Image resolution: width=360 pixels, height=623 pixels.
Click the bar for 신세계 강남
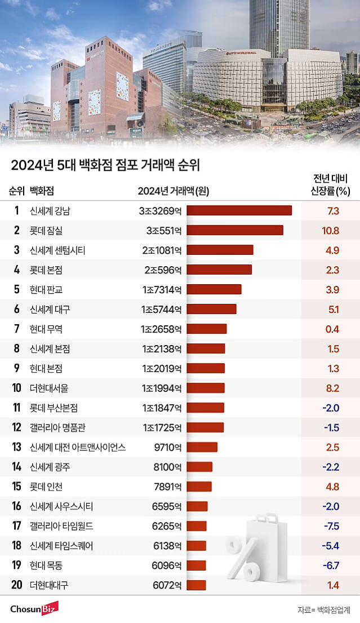click(239, 210)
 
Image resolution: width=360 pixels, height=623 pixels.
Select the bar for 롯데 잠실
click(234, 230)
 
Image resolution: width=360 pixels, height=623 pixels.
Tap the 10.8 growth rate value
click(332, 231)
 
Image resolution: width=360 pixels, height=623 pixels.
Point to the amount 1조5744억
click(162, 309)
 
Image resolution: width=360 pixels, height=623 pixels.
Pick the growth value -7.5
click(331, 526)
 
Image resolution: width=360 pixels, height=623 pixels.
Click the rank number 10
click(16, 388)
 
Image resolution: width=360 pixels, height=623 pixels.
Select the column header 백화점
click(45, 191)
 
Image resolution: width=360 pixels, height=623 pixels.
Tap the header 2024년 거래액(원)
click(173, 191)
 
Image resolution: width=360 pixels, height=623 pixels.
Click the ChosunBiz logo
click(34, 609)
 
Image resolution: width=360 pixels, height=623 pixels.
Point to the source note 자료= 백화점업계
click(324, 610)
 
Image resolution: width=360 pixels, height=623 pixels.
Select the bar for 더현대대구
click(196, 585)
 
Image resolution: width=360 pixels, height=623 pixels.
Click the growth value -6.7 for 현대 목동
click(331, 565)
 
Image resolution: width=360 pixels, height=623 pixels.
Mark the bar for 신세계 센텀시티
click(220, 250)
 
